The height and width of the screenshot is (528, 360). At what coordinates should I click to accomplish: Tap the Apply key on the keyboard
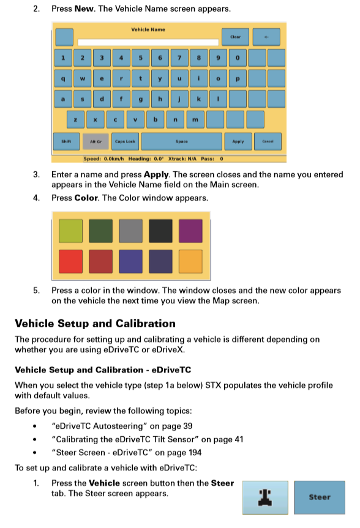[238, 141]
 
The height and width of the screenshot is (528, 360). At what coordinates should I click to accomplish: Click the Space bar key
[181, 141]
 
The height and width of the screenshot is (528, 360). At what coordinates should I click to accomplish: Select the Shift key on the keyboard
[66, 141]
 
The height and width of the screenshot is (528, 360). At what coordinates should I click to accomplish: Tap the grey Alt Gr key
[96, 141]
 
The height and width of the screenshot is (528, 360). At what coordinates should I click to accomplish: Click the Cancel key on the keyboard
[268, 141]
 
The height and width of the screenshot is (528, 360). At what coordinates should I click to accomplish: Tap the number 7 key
[179, 58]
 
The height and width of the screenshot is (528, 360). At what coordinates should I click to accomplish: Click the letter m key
[195, 119]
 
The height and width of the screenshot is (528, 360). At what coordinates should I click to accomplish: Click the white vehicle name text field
[148, 42]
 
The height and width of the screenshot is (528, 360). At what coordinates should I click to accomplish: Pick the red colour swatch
[69, 261]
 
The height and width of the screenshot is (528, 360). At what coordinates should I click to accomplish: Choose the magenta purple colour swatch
[190, 231]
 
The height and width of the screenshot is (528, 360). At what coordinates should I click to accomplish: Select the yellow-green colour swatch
[69, 231]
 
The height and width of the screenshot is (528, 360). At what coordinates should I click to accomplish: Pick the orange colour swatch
[190, 261]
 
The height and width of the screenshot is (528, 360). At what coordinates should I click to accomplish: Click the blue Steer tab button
[319, 497]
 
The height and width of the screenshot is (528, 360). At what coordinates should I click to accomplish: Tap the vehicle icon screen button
[265, 497]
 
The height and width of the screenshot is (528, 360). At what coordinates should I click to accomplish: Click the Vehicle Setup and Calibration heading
[95, 324]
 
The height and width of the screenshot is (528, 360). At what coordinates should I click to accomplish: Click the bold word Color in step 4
[85, 198]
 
